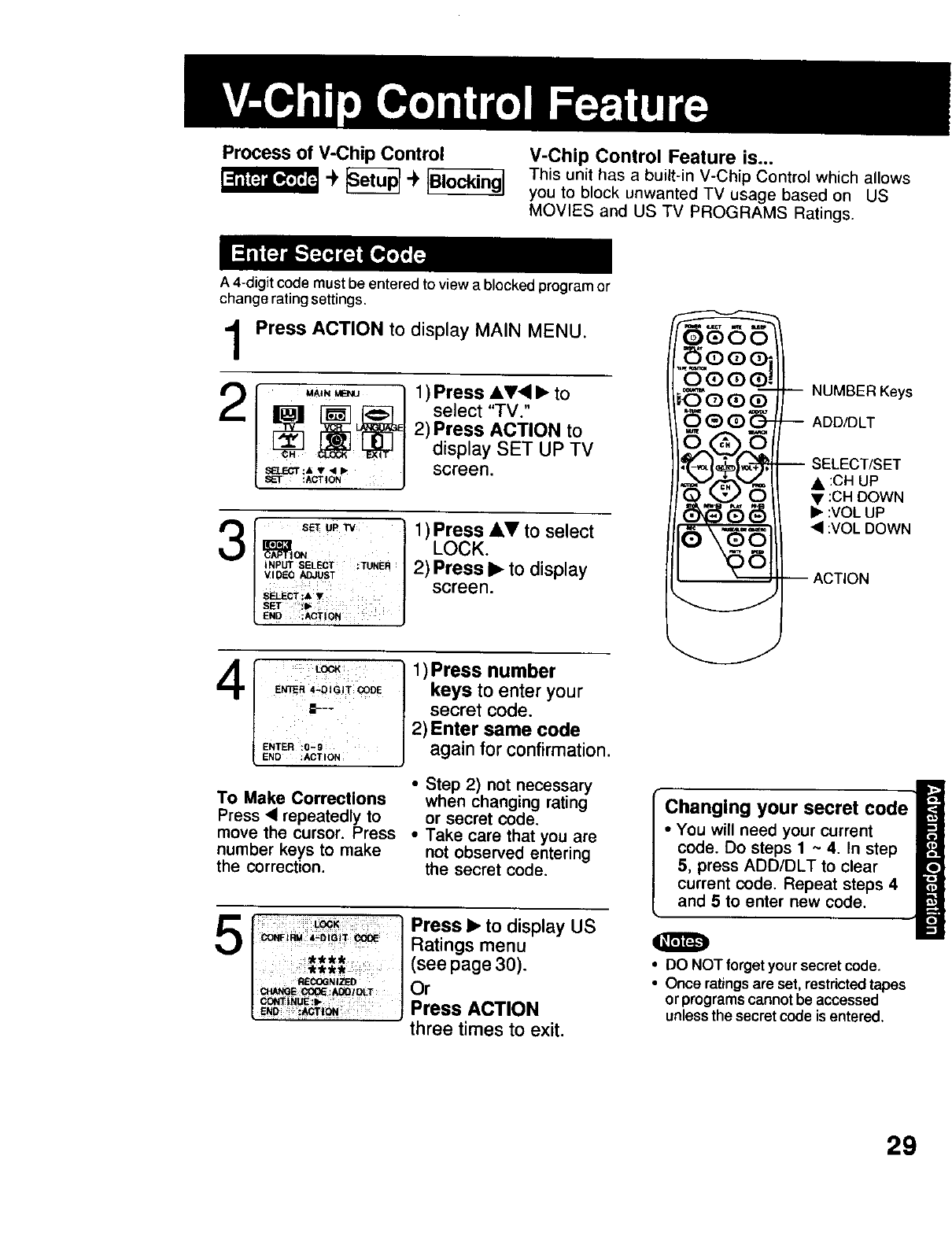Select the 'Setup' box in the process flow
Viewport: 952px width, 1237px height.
[x=373, y=180]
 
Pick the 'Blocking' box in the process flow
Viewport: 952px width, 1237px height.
[x=465, y=182]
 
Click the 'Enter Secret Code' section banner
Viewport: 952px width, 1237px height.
[x=328, y=255]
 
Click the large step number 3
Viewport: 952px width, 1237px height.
[x=234, y=544]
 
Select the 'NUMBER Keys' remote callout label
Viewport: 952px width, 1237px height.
[x=862, y=392]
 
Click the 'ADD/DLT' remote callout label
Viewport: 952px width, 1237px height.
[x=843, y=423]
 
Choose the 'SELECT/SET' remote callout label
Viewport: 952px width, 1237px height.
[x=856, y=464]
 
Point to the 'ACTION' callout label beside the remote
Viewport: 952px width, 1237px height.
[x=840, y=579]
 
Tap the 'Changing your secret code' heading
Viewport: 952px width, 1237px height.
[x=786, y=808]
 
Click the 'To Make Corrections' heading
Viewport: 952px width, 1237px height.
[x=301, y=799]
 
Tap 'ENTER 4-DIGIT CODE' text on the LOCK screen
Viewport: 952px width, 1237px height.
[x=328, y=690]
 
